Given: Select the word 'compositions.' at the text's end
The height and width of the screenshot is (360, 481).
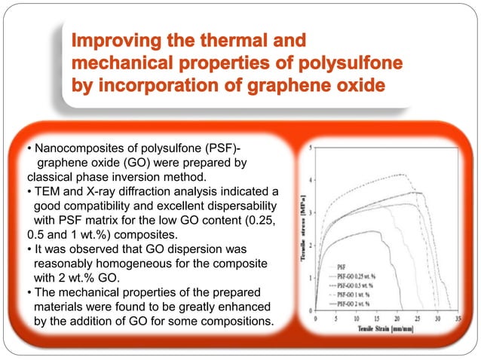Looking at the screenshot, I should click(x=236, y=324).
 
